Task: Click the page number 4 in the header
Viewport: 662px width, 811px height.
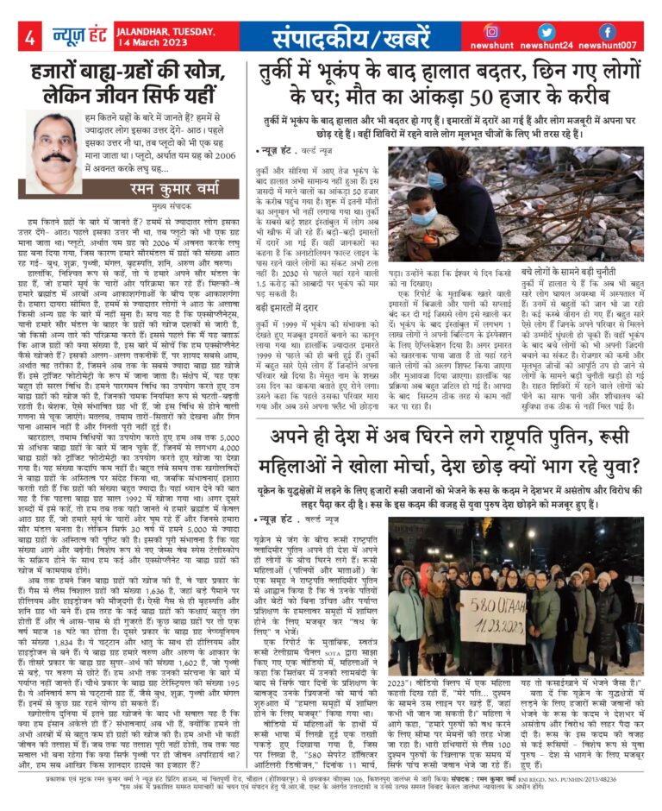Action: [x=29, y=37]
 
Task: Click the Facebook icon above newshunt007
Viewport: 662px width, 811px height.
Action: [x=608, y=31]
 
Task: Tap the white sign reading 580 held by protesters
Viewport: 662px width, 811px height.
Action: [x=490, y=590]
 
